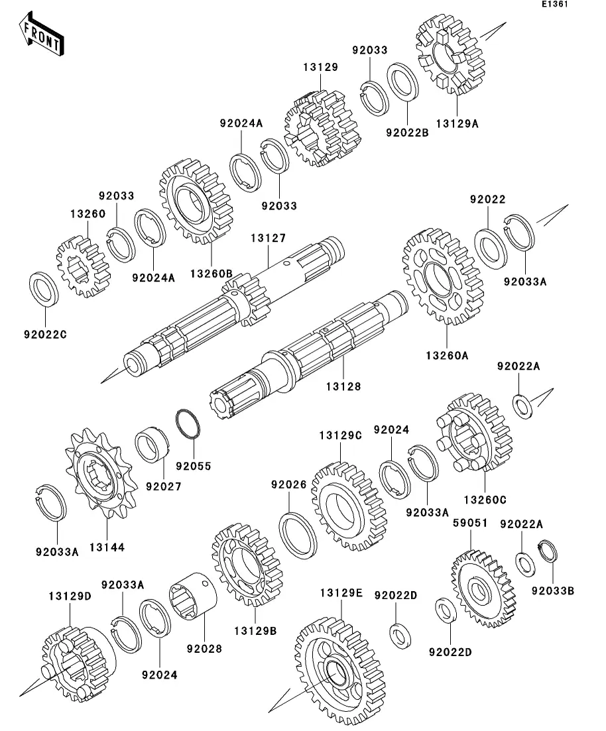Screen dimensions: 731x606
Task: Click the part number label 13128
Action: click(x=344, y=386)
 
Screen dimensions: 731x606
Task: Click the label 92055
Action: click(x=194, y=466)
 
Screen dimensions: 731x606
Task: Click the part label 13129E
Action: click(x=341, y=592)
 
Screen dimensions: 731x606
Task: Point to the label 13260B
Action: click(x=211, y=273)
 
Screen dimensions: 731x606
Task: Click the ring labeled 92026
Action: click(x=299, y=534)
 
